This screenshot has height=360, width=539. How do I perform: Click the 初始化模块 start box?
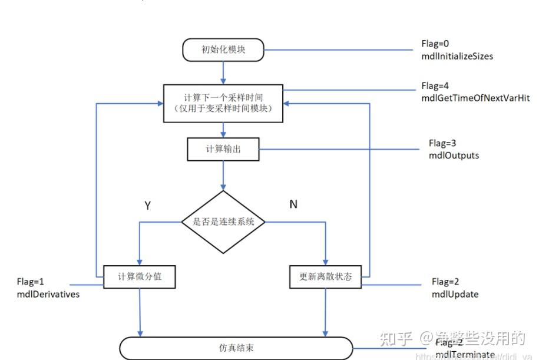click(223, 50)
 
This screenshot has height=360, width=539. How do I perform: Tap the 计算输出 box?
click(223, 149)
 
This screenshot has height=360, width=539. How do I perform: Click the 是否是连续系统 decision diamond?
click(223, 222)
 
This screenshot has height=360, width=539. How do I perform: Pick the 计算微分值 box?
click(140, 276)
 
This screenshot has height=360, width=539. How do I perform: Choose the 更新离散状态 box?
click(325, 276)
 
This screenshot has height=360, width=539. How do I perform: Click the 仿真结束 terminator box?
click(236, 348)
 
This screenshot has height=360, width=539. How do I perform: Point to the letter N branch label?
click(293, 204)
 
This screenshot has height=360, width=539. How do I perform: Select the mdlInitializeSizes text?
click(457, 57)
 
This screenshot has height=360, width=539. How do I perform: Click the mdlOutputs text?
click(454, 156)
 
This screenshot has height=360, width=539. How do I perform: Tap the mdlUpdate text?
click(455, 294)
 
